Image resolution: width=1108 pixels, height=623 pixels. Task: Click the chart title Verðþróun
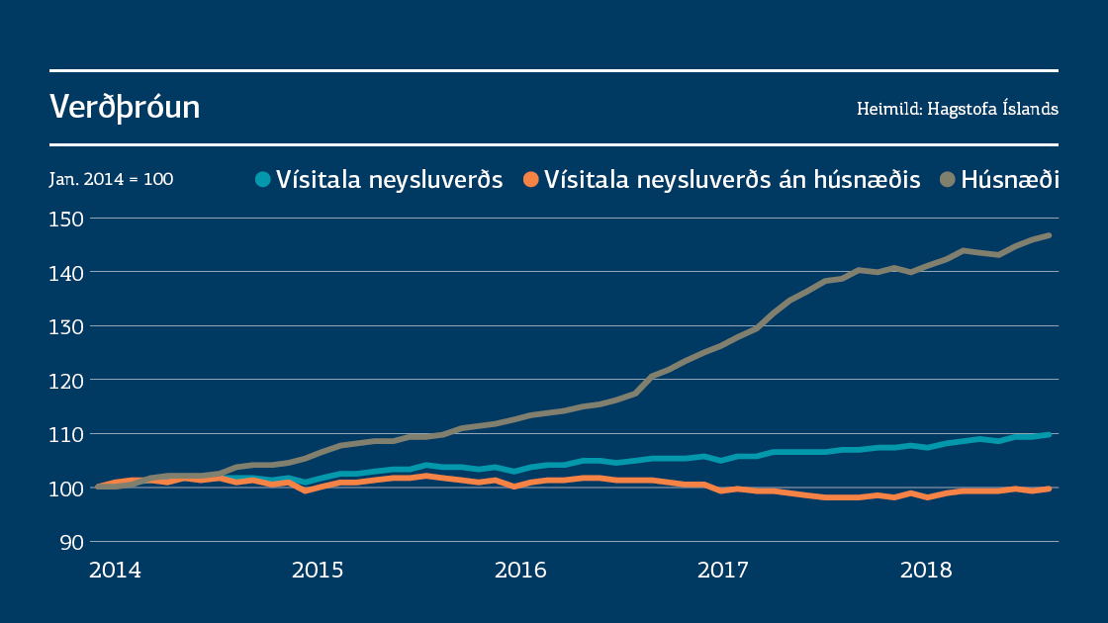(x=125, y=108)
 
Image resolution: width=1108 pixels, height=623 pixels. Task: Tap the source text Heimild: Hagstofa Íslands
(x=957, y=109)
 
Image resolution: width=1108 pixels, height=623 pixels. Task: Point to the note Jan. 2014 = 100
(x=111, y=180)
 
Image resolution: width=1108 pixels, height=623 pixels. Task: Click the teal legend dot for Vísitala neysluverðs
(x=262, y=180)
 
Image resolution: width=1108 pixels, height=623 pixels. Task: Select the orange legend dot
(x=531, y=180)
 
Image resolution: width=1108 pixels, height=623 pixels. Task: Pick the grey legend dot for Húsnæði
(x=948, y=180)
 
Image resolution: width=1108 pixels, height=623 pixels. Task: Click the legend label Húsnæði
(x=1010, y=180)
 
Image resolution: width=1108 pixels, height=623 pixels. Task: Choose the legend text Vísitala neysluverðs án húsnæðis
(x=732, y=180)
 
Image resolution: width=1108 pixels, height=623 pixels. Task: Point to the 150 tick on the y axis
(x=67, y=218)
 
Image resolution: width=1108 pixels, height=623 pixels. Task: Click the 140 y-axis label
(x=67, y=272)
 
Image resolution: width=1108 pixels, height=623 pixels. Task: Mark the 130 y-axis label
(x=67, y=325)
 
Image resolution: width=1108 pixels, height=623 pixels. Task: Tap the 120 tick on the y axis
(x=67, y=380)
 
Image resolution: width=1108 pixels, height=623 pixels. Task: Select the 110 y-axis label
(x=67, y=434)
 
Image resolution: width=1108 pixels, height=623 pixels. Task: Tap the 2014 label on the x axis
(x=115, y=571)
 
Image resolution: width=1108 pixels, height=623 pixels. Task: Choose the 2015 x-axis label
(x=318, y=571)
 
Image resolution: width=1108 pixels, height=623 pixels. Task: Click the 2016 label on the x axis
(x=520, y=571)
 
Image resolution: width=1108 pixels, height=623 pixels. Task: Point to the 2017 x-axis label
(x=723, y=571)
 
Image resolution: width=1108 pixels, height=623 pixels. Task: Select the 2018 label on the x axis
(x=926, y=571)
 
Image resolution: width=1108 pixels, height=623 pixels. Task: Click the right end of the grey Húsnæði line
(x=1049, y=235)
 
